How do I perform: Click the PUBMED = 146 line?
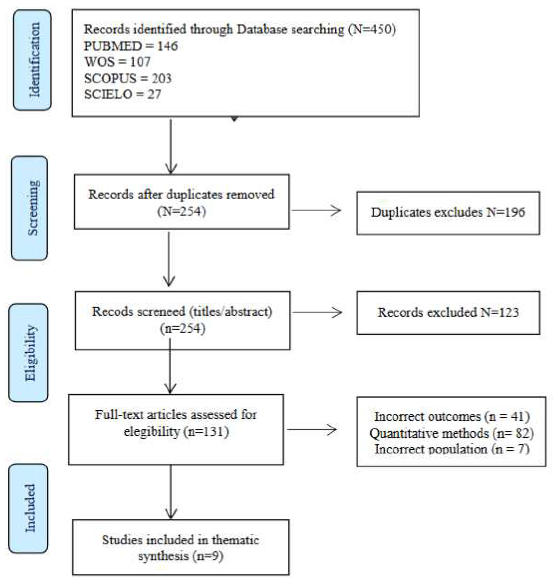click(131, 46)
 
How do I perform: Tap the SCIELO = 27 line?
click(123, 94)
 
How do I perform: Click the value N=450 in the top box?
click(372, 29)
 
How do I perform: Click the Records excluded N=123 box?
click(448, 312)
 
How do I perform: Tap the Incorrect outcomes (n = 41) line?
click(452, 417)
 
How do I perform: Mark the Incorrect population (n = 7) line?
click(452, 449)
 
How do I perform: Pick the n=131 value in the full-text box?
click(206, 432)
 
